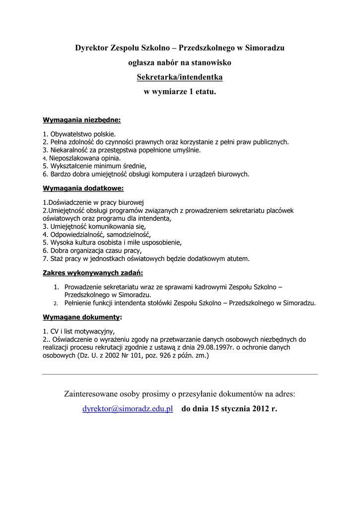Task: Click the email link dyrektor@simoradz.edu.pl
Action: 128,409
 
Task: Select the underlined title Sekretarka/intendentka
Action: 180,77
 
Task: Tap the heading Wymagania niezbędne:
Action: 82,120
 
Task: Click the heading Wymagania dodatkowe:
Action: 83,189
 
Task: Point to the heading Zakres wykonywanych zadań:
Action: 93,273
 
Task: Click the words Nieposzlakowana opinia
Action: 84,158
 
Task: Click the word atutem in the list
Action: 237,258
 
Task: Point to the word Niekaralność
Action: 72,150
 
